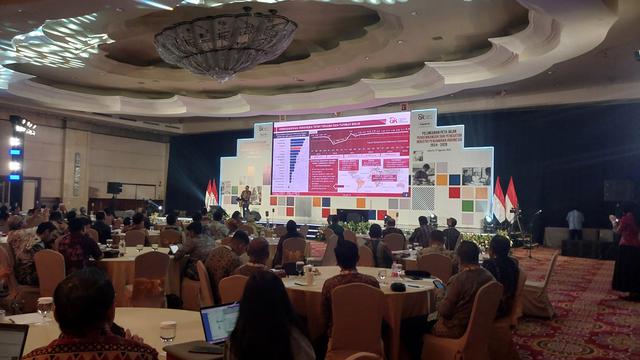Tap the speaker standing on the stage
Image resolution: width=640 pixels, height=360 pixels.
point(245,198)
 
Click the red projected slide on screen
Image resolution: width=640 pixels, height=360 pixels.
point(340,155)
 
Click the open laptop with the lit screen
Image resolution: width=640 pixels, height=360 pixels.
point(219,323)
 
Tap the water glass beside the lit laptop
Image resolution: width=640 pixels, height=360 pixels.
point(167,331)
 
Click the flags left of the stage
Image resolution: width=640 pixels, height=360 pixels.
point(211,193)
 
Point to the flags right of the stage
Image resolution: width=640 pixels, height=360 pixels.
point(504,197)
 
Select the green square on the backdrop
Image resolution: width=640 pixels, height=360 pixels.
point(467,206)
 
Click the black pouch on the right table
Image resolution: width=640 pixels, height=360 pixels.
point(398,287)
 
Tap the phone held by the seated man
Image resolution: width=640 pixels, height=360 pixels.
point(437,283)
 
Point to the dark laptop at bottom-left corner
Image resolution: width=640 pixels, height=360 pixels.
point(12,341)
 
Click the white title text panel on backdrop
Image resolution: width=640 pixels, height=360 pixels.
point(451,143)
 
